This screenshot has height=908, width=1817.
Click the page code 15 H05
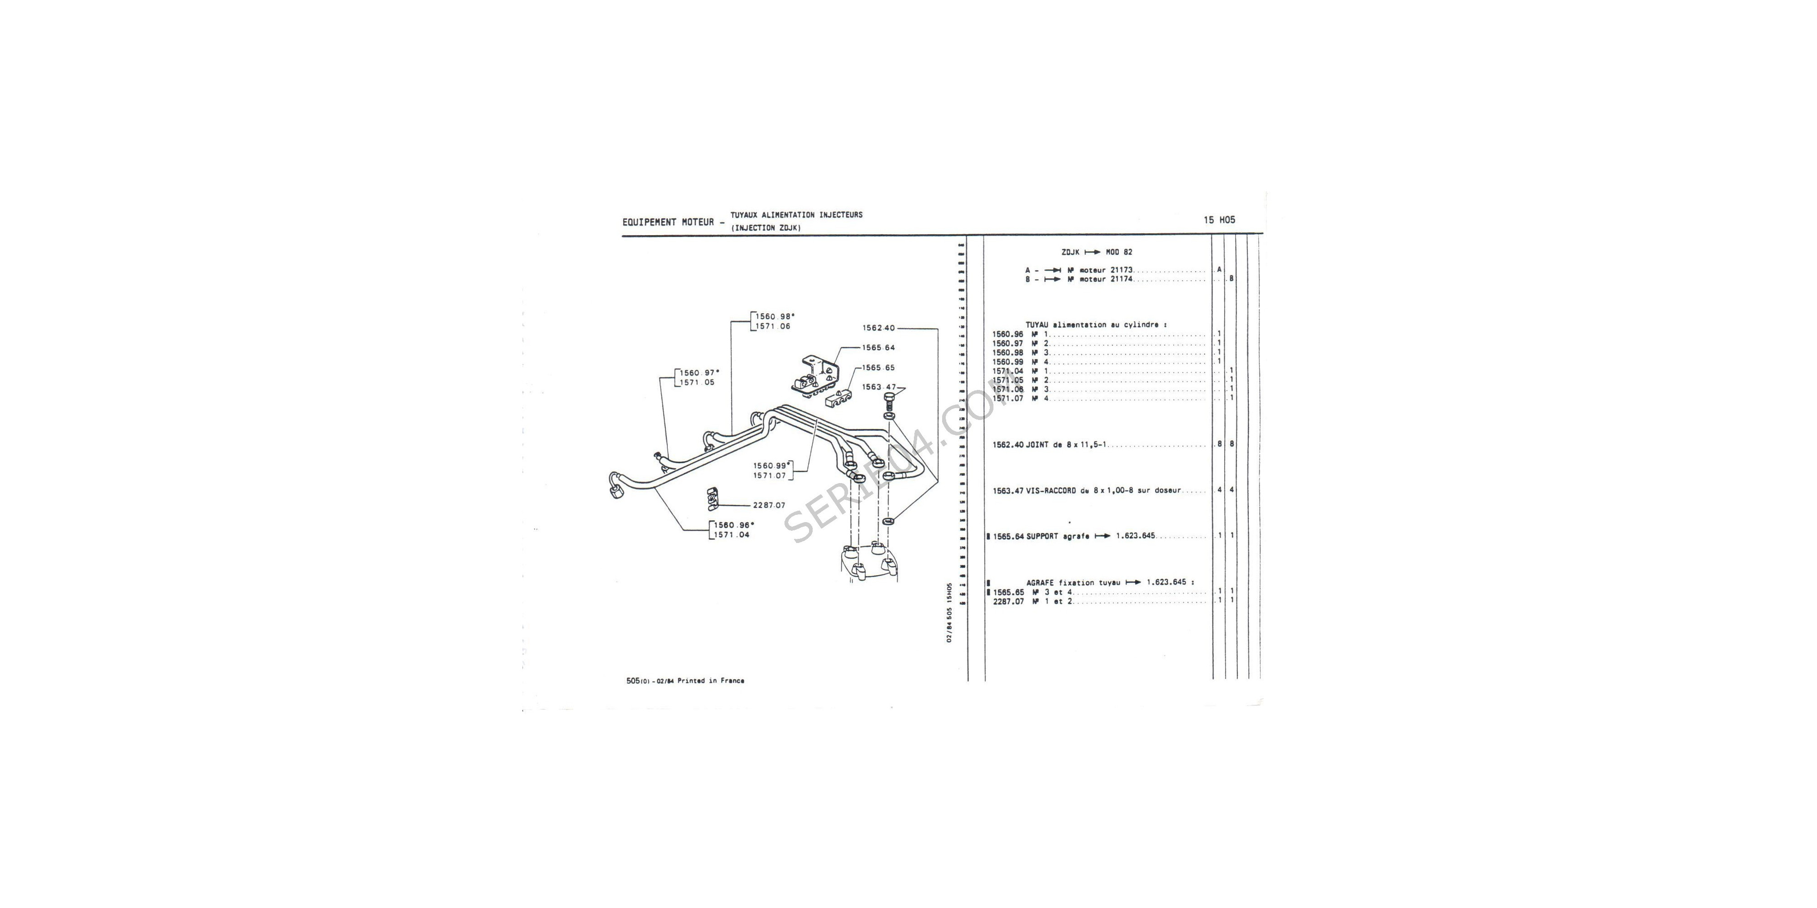[1220, 219]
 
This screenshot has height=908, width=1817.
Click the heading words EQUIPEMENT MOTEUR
[668, 222]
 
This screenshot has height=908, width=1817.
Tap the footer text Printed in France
[710, 681]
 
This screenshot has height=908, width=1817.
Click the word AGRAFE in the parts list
[1040, 583]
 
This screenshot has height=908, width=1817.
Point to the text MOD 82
[1119, 252]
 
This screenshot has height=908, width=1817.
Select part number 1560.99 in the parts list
[1007, 362]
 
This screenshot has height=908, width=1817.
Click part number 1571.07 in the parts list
[1007, 398]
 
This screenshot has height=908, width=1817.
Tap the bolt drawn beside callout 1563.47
[888, 403]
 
